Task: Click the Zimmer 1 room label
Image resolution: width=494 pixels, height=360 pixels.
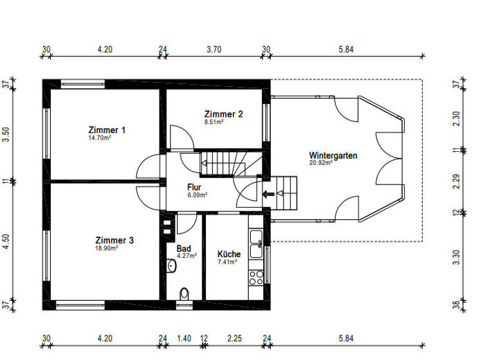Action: [107, 130]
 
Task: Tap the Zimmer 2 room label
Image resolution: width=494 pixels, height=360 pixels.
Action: [223, 114]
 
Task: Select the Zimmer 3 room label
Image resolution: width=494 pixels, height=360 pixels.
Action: [114, 240]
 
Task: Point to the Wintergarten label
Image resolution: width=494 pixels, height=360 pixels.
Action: [333, 156]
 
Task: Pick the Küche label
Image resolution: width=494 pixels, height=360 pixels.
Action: [228, 254]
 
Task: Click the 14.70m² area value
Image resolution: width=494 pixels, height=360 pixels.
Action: [99, 138]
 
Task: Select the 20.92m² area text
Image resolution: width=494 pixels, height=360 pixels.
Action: [320, 163]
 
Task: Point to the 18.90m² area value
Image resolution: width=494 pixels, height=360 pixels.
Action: [106, 248]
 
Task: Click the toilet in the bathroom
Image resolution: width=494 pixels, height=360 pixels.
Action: [185, 293]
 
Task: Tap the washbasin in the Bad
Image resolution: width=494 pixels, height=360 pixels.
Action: [171, 265]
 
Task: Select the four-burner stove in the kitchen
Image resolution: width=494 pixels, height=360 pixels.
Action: [255, 277]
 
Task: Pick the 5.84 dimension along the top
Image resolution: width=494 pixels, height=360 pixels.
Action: [345, 49]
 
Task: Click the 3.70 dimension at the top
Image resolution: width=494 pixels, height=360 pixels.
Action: [214, 49]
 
